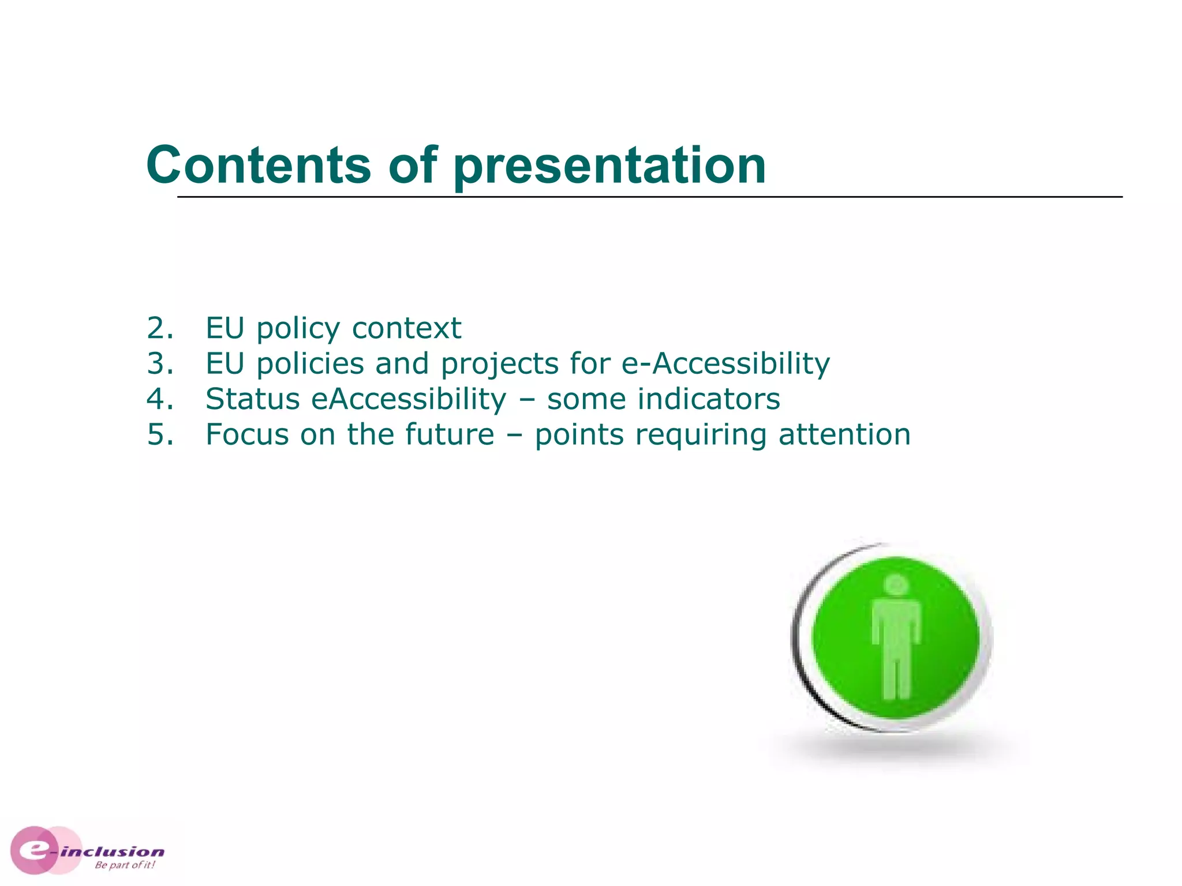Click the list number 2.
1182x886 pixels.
pyautogui.click(x=160, y=328)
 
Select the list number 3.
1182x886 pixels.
pyautogui.click(x=160, y=363)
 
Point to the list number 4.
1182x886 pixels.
pyautogui.click(x=160, y=399)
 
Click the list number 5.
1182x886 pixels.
pyautogui.click(x=160, y=434)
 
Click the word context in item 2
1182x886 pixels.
pyautogui.click(x=406, y=328)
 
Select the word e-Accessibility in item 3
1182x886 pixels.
pyautogui.click(x=725, y=363)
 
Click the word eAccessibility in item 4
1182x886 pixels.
pyautogui.click(x=409, y=399)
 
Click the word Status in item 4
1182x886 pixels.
pyautogui.click(x=252, y=399)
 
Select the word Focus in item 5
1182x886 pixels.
pyautogui.click(x=247, y=434)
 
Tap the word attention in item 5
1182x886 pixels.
pyautogui.click(x=844, y=434)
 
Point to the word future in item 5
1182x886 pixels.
pyautogui.click(x=450, y=434)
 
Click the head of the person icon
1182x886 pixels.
pyautogui.click(x=896, y=585)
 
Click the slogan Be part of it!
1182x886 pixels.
pyautogui.click(x=125, y=865)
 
